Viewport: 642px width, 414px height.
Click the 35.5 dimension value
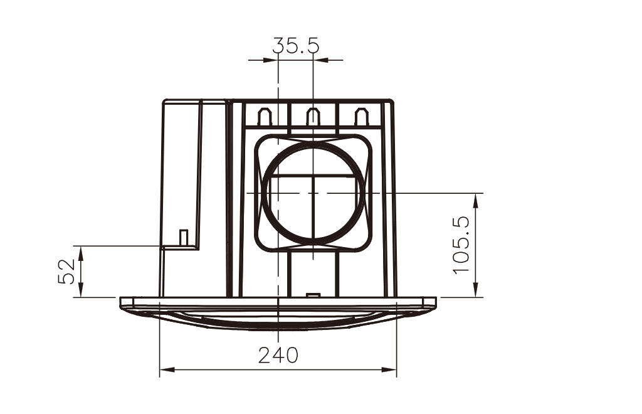[296, 45]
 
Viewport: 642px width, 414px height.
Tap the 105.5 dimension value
[461, 245]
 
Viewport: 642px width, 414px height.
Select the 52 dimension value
[66, 271]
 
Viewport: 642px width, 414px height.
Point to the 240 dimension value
[278, 355]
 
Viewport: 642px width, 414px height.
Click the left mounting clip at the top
[265, 117]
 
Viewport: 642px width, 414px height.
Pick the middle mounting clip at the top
[313, 117]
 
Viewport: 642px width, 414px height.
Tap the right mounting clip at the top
[362, 117]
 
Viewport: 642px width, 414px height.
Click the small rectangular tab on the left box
[184, 238]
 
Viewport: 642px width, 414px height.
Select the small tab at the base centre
[313, 295]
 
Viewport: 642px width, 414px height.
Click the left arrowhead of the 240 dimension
[167, 369]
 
